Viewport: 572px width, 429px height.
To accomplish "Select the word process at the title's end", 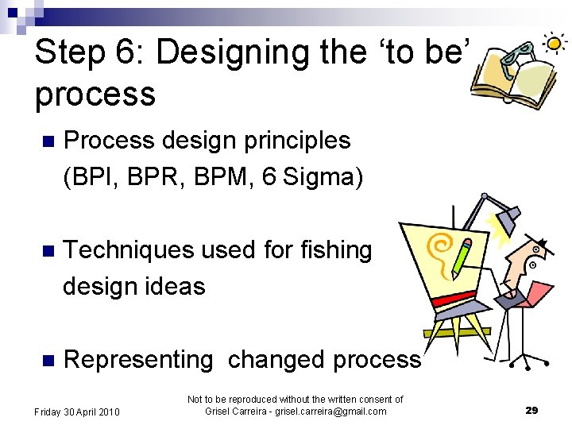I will click(95, 95).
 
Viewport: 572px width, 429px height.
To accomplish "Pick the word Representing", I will click(138, 360).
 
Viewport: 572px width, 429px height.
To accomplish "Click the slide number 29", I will click(531, 410).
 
